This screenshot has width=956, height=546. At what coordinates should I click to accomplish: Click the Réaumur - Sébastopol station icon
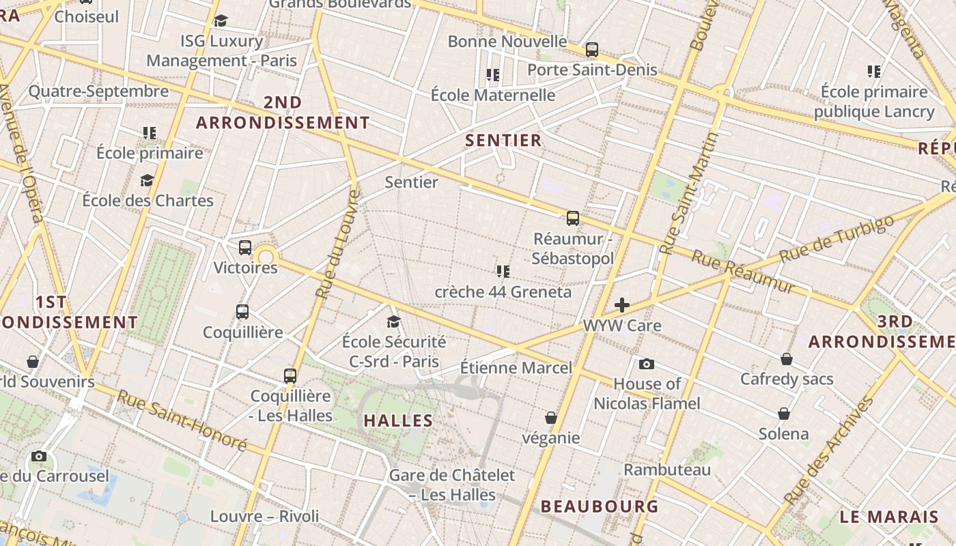[573, 218]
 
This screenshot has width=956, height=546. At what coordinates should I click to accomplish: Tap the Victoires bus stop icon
[245, 248]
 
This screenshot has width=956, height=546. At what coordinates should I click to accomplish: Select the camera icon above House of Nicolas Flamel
[647, 364]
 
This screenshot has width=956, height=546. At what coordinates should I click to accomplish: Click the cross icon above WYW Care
[622, 305]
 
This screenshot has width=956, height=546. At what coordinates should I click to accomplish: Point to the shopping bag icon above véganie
[551, 418]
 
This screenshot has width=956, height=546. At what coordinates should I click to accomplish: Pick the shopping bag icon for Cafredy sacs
[787, 359]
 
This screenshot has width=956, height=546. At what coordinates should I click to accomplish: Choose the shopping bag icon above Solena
[784, 414]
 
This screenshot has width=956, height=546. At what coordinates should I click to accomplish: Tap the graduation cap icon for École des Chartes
[147, 180]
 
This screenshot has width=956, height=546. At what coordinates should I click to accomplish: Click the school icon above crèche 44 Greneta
[503, 272]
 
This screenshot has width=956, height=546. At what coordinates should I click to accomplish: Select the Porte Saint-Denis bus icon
[592, 50]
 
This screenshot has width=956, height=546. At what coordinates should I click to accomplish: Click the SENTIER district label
[503, 141]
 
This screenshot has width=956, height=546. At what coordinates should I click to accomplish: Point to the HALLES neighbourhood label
[399, 420]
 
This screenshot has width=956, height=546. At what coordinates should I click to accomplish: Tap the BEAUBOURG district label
[600, 506]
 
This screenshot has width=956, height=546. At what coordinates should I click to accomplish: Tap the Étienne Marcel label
[516, 368]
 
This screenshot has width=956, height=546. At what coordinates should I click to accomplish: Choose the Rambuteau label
[667, 470]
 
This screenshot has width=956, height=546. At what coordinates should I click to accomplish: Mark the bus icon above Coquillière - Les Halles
[290, 375]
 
